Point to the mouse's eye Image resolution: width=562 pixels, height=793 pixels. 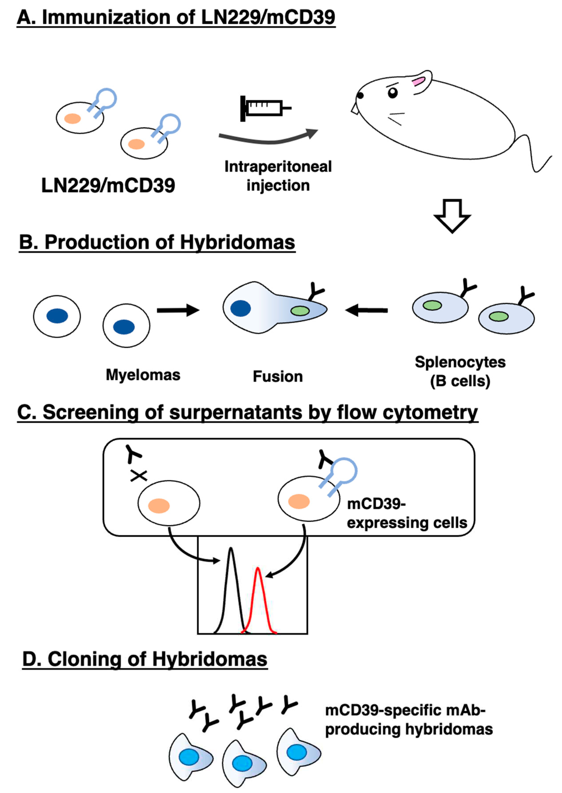pyautogui.click(x=393, y=93)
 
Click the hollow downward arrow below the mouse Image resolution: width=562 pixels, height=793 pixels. pyautogui.click(x=452, y=216)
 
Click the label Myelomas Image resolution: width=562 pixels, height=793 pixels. pyautogui.click(x=143, y=375)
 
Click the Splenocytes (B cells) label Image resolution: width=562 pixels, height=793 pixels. pyautogui.click(x=460, y=371)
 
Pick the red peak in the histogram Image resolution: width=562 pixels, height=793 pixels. pyautogui.click(x=258, y=588)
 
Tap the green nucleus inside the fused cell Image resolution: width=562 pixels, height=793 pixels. pyautogui.click(x=300, y=311)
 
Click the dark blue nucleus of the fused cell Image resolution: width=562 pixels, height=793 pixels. pyautogui.click(x=241, y=308)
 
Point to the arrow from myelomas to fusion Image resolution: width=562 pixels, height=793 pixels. pyautogui.click(x=178, y=310)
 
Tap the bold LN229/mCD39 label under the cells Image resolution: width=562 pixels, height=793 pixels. pyautogui.click(x=108, y=185)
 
